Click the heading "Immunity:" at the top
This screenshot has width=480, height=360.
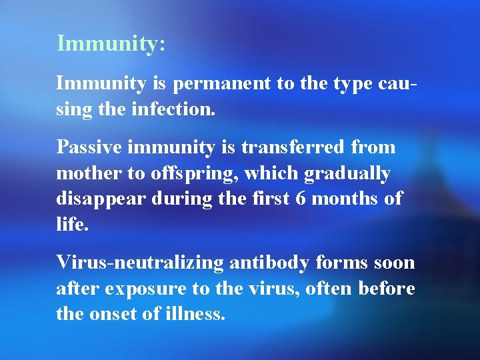(x=111, y=43)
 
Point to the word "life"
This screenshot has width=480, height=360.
(x=70, y=223)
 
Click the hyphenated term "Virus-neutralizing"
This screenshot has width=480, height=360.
(x=140, y=263)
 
